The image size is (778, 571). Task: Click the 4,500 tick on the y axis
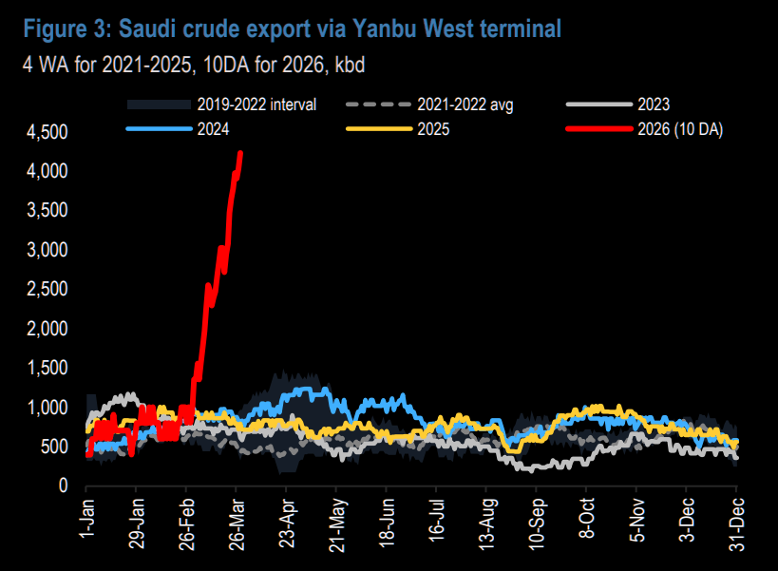(47, 132)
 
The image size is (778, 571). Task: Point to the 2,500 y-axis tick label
(47, 289)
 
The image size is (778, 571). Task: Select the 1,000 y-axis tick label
(47, 407)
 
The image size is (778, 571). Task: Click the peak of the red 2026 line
(239, 152)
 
